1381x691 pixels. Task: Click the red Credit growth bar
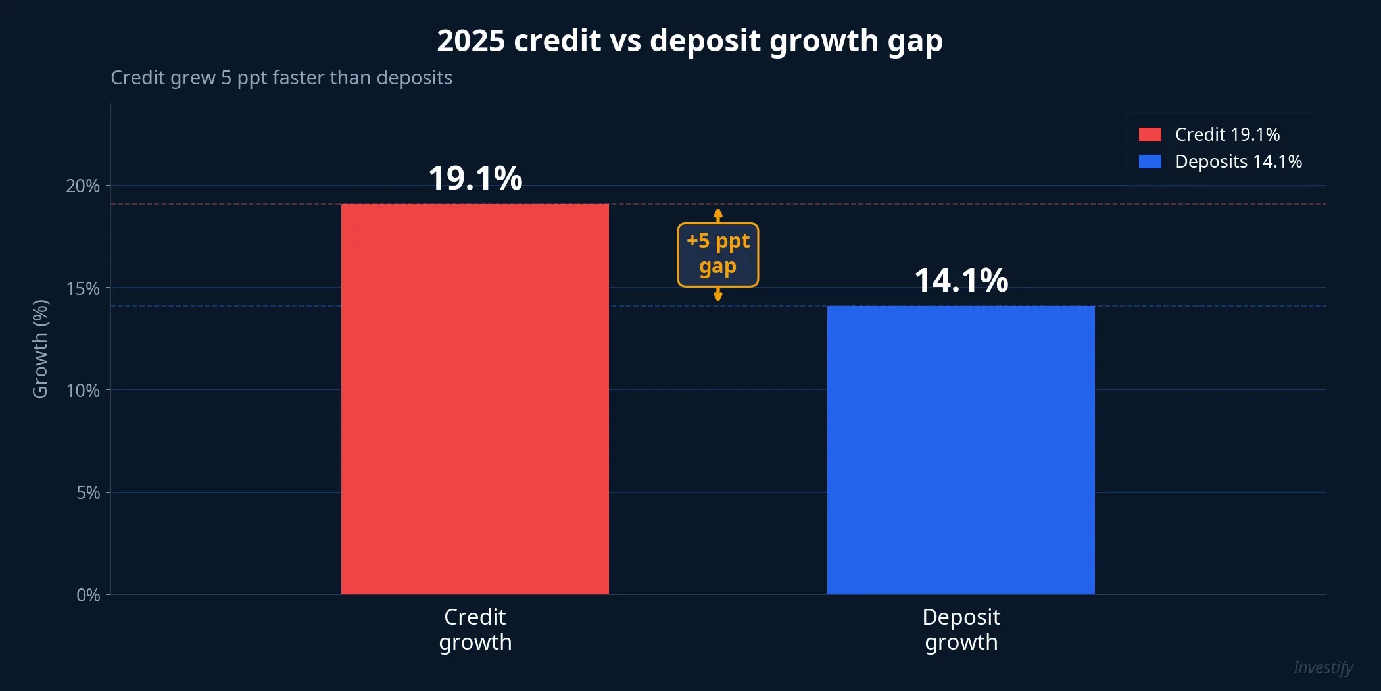[475, 399]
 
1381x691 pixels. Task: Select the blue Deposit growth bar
[961, 450]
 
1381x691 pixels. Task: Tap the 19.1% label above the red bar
[475, 178]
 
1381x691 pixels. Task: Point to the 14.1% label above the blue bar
[961, 280]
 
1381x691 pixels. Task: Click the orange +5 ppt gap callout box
[717, 255]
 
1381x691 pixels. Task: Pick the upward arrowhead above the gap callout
[718, 213]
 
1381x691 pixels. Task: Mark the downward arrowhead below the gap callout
[718, 297]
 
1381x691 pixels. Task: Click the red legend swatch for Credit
[1150, 135]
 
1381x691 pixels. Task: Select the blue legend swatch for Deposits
[1150, 162]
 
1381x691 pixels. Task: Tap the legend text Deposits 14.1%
[1238, 162]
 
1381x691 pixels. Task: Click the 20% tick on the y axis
[83, 186]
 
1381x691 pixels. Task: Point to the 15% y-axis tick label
[83, 288]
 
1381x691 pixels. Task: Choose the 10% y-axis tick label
[83, 390]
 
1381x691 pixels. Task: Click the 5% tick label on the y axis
[88, 492]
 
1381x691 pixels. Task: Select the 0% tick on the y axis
[88, 595]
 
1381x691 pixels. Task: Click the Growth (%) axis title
[40, 349]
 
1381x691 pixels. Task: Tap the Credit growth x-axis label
[475, 629]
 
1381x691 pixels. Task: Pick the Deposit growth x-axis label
[961, 629]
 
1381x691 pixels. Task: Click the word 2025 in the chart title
[471, 41]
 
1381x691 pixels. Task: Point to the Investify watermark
[1322, 668]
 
